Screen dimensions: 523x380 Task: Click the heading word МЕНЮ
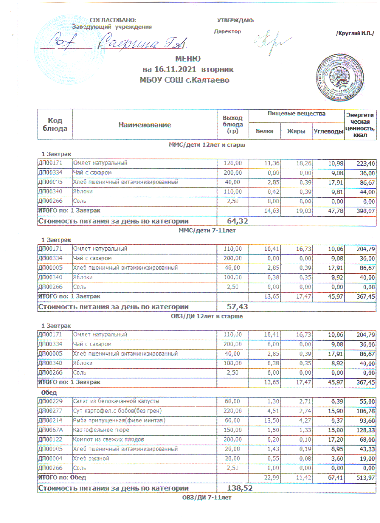click(188, 59)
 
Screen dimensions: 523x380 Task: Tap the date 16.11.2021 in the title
click(175, 69)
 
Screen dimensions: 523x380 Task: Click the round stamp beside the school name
click(340, 77)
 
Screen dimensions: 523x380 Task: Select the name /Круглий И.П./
click(355, 33)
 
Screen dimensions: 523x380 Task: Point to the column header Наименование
click(145, 125)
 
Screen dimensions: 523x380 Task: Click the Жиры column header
click(296, 131)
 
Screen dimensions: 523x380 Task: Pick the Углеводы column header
click(328, 131)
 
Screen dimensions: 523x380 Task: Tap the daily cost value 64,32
click(237, 221)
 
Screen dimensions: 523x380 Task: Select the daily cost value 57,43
click(237, 307)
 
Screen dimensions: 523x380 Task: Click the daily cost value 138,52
click(240, 488)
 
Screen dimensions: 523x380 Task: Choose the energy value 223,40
click(366, 163)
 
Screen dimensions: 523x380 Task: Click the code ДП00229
click(50, 401)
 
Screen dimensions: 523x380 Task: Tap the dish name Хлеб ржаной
click(91, 459)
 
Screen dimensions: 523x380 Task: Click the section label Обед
click(49, 392)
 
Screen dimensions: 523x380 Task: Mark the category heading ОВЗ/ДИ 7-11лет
click(207, 497)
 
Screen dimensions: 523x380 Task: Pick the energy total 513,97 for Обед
click(365, 478)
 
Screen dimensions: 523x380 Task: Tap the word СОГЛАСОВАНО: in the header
click(113, 20)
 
